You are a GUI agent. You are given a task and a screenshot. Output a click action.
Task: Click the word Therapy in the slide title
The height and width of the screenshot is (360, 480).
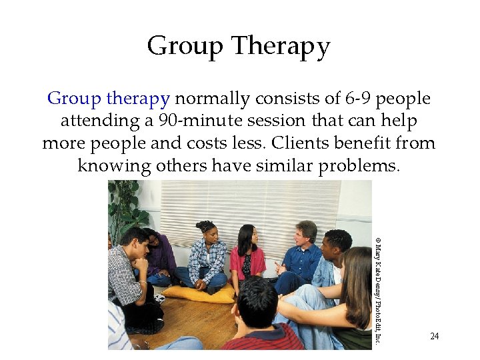(x=281, y=47)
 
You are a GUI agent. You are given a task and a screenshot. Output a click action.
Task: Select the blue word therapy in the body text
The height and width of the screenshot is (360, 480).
(x=137, y=99)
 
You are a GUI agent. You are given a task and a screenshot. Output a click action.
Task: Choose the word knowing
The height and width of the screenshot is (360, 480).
(x=113, y=165)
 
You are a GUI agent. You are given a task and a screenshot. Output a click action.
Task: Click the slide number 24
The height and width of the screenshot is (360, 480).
(x=435, y=336)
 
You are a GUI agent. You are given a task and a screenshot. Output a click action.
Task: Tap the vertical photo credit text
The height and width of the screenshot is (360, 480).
(x=377, y=291)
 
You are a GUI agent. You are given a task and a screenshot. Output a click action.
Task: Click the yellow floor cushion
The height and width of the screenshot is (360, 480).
(x=199, y=293)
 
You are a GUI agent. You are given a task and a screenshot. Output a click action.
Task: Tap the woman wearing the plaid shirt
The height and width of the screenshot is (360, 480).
(x=207, y=257)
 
